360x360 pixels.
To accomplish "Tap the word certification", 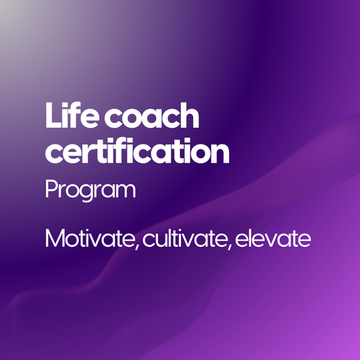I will click(x=137, y=152).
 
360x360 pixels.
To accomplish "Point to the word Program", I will click(x=90, y=190).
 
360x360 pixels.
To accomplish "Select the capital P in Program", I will click(x=51, y=189).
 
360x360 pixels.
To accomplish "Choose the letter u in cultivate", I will click(x=160, y=240).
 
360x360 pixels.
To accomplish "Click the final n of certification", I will click(x=220, y=155).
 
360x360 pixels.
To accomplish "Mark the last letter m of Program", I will click(x=126, y=191).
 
